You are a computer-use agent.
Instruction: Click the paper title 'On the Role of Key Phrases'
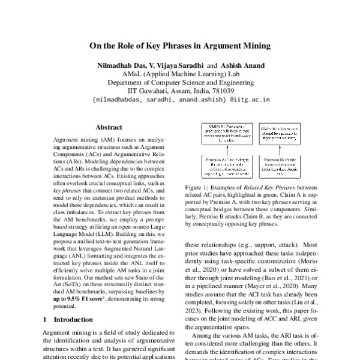pos(179,45)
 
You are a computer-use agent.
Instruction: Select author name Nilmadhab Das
pos(116,64)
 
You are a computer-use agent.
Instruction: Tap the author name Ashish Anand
pos(244,64)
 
